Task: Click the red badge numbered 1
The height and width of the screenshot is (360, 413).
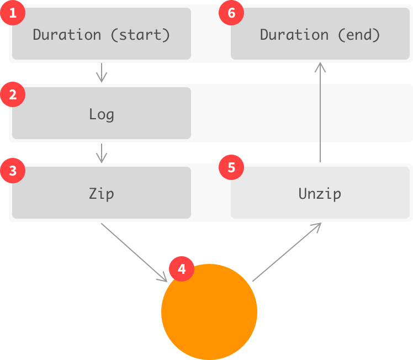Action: [13, 13]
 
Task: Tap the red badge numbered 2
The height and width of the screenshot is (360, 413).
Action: [13, 94]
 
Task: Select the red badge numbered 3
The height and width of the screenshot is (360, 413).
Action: [13, 171]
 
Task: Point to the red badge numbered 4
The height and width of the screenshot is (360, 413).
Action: [182, 269]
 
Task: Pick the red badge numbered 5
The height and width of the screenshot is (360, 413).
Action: [231, 167]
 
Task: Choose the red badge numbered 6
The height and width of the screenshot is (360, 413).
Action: [231, 13]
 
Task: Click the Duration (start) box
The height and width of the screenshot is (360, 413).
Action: [102, 34]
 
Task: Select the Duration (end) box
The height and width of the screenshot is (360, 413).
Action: [320, 34]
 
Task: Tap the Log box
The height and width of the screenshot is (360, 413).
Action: [102, 114]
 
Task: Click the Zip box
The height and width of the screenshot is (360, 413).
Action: [102, 193]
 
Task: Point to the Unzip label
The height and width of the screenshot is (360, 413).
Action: [320, 194]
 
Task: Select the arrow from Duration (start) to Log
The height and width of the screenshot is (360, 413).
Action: [101, 72]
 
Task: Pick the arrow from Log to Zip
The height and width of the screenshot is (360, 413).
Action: [101, 152]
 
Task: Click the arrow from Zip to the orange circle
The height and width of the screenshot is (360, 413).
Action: [134, 252]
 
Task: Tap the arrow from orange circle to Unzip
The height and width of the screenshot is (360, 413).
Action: [287, 252]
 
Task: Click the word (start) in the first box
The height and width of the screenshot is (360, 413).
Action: [140, 35]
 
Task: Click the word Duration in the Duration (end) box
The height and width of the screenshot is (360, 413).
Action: [294, 35]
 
